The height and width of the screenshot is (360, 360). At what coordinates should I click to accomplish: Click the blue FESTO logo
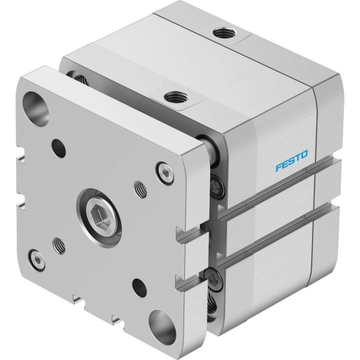tap(292, 161)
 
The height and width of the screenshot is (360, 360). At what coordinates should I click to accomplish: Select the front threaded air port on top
tap(176, 97)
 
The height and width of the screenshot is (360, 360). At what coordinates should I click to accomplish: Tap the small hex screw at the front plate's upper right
tap(165, 173)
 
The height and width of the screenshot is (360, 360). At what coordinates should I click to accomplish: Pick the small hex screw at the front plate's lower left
tap(36, 261)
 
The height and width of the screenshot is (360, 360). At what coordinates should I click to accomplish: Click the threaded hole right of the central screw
tap(141, 189)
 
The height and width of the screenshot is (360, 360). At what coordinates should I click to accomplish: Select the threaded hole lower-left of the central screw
tap(59, 245)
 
